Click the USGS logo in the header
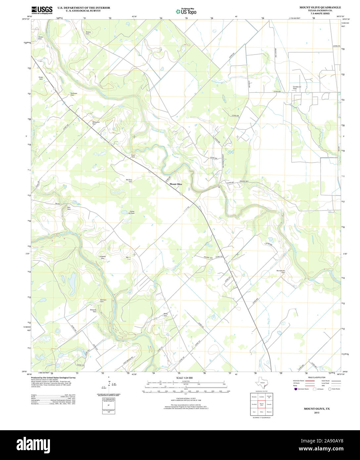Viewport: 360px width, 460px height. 42,10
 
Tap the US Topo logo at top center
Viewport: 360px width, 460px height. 186,11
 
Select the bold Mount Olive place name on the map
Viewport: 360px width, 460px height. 176,184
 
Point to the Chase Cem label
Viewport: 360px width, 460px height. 40,38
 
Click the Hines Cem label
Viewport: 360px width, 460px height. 41,78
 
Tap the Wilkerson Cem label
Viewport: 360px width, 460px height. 96,123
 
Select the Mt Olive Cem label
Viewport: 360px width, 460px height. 129,181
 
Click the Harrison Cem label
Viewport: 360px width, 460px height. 103,301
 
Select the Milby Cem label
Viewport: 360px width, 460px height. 166,315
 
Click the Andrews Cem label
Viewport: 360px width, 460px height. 74,94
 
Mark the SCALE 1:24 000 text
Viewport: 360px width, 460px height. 185,378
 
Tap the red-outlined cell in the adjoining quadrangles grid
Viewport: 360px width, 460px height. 262,404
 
